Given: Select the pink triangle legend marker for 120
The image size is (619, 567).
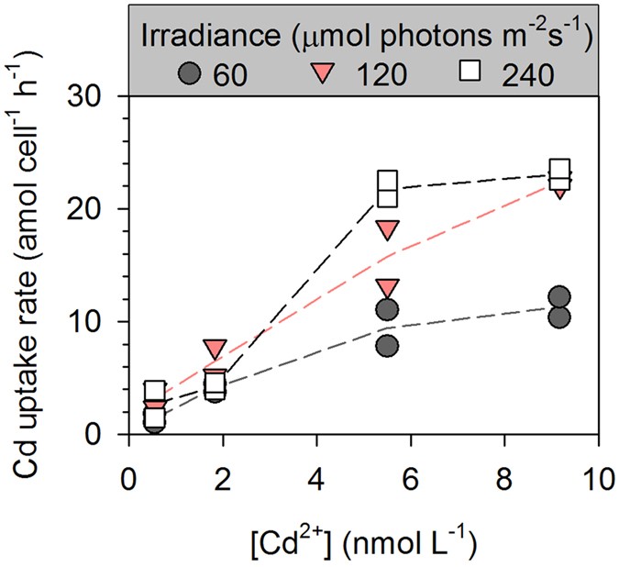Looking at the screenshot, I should [322, 73].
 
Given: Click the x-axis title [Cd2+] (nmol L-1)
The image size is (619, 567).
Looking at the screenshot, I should [364, 534].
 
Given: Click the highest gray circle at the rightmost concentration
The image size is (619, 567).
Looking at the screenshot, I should [560, 297].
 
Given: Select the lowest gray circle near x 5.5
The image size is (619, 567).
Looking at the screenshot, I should [387, 346].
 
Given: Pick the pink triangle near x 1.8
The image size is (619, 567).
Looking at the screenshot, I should [215, 349].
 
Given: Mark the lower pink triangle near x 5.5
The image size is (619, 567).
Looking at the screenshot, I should [387, 287].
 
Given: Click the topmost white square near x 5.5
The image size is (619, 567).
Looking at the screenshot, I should [387, 181].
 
